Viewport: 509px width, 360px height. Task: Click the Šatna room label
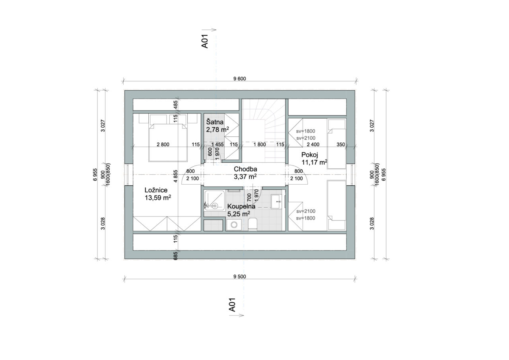[x=215, y=122]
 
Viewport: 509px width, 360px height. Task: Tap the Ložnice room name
[x=156, y=190]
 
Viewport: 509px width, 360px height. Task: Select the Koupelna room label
[x=241, y=206]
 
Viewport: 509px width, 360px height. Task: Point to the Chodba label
[x=245, y=169]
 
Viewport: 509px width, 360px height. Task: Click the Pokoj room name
[x=309, y=155]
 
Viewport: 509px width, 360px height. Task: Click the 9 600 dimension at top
[x=239, y=79]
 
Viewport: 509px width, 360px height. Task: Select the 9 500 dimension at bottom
[x=239, y=276]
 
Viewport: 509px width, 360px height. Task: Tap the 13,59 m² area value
[x=158, y=197]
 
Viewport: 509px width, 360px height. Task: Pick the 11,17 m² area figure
[x=314, y=162]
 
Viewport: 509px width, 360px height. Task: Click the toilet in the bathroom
[x=252, y=224]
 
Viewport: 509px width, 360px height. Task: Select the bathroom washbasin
[x=276, y=201]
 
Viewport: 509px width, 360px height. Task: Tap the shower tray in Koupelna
[x=214, y=201]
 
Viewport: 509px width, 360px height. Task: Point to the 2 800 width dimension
[x=163, y=144]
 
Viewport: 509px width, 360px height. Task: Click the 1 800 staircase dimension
[x=260, y=144]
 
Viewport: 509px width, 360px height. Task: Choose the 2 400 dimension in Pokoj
[x=313, y=144]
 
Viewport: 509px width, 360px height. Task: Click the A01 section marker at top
[x=205, y=41]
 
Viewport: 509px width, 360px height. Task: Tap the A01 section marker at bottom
[x=232, y=305]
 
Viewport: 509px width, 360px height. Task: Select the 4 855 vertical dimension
[x=175, y=176]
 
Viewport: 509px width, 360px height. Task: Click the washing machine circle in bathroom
[x=233, y=225]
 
